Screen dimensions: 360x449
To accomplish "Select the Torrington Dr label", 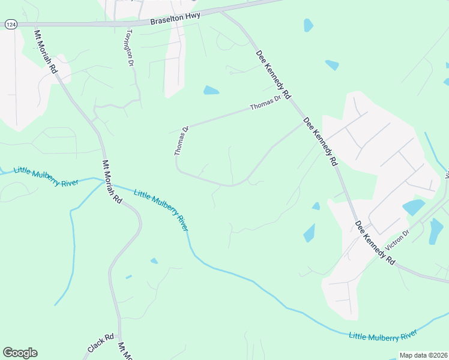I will tap(128, 47).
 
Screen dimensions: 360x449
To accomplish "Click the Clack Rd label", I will tap(100, 343).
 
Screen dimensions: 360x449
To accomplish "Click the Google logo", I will tap(20, 353).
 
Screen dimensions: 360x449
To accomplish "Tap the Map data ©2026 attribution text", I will tap(424, 355).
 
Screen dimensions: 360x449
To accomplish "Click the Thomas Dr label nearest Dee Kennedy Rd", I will tap(265, 103).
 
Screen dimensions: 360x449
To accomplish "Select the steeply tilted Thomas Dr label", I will tap(181, 141).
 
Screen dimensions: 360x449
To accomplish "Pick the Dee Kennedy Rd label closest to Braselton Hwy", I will tap(273, 74).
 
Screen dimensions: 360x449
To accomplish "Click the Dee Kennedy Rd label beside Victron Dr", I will tap(375, 242).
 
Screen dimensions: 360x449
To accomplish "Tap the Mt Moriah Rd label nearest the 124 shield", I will tap(46, 52).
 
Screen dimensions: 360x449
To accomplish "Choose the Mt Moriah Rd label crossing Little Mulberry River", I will tap(112, 182).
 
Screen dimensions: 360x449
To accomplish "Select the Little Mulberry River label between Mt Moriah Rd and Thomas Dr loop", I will tap(161, 210).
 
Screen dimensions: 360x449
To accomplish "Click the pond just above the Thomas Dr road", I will tap(211, 91).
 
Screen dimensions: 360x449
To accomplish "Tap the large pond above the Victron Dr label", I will tap(414, 208).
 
